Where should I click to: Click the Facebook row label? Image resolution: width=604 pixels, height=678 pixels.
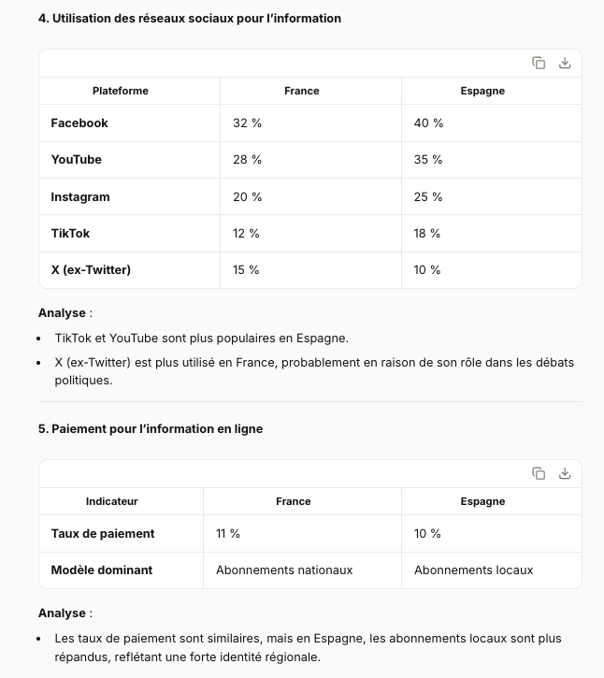79,123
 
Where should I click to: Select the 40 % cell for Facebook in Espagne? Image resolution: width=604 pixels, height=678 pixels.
428,123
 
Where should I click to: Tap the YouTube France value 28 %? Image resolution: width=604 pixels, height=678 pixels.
247,160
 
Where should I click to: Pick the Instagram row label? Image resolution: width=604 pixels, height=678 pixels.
80,197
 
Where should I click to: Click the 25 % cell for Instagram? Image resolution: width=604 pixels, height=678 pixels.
428,197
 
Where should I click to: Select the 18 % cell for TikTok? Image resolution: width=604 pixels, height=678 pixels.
427,234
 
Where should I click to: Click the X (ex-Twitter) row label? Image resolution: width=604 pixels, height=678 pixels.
91,270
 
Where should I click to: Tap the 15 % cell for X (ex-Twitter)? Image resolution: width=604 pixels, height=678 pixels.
246,270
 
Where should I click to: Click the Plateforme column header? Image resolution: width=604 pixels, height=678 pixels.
120,91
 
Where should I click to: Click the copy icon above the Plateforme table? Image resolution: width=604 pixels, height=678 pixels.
539,63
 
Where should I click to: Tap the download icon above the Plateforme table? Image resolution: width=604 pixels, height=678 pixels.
565,63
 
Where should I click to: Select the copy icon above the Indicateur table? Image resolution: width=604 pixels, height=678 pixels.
539,473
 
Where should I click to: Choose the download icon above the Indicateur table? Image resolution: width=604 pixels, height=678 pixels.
565,473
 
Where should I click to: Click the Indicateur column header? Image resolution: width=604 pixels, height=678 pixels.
111,501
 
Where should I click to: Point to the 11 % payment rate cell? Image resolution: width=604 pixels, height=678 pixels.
228,534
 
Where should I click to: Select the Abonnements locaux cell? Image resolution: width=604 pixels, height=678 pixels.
473,570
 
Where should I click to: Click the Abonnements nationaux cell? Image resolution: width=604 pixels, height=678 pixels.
284,570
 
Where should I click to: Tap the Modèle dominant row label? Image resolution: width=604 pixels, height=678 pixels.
102,570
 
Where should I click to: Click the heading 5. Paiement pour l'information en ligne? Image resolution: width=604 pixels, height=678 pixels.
151,429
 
